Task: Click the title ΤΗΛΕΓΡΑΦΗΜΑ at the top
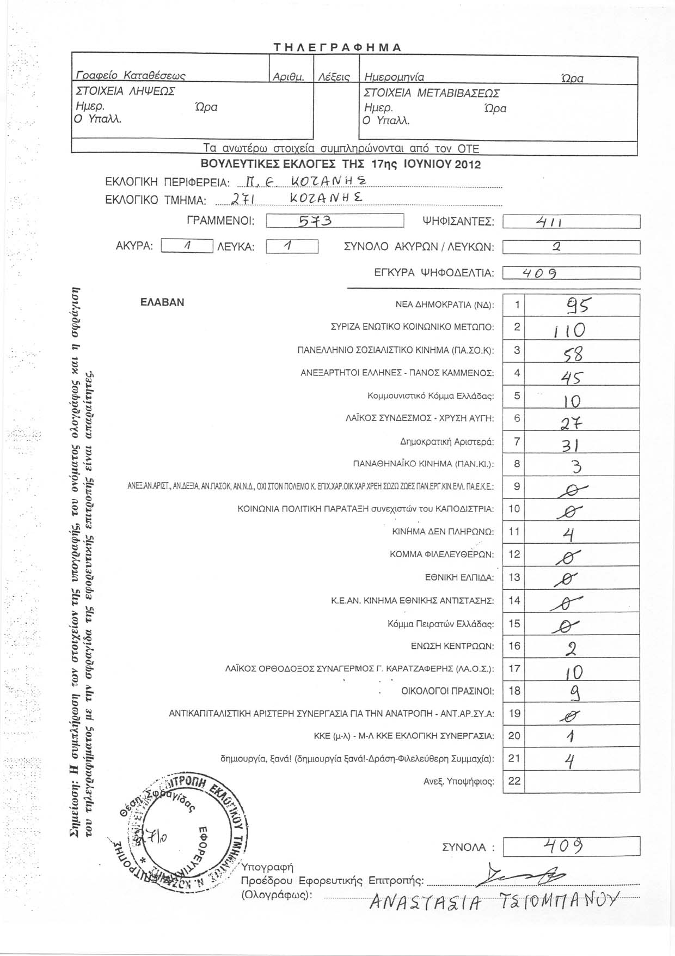337,47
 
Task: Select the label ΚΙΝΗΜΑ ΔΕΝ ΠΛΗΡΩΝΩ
443,532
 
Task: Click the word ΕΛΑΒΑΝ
162,302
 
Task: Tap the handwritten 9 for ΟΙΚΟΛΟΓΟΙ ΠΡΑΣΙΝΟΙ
572,693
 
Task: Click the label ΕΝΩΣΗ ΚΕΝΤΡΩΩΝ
452,647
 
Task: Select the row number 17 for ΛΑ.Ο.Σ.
514,668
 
